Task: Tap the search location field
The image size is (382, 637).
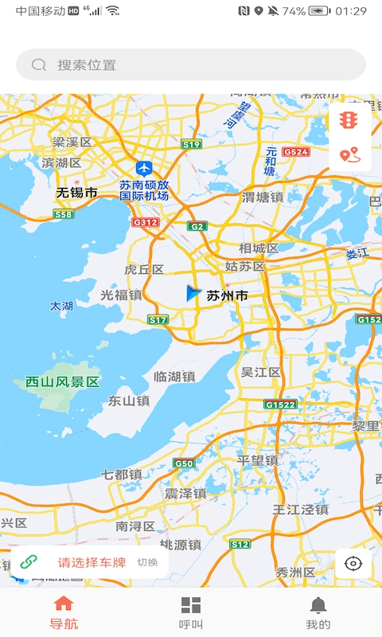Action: coord(191,64)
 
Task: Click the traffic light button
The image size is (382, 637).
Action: coord(349,120)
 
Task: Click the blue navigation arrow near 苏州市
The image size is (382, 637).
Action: coord(192,293)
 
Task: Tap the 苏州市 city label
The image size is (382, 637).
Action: coord(227,295)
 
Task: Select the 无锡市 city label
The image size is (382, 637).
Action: coord(76,193)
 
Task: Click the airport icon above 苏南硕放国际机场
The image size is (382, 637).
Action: coord(144,168)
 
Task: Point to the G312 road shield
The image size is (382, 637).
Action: coord(146,222)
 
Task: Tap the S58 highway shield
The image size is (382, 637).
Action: coord(63,214)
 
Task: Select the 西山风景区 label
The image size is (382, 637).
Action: coord(62,382)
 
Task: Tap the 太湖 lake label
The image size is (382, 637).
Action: coord(61,306)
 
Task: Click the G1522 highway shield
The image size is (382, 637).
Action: coord(280,404)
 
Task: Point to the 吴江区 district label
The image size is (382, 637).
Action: coord(260,373)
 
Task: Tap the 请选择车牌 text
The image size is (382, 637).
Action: coord(92,562)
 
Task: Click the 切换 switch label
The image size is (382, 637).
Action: coord(147,562)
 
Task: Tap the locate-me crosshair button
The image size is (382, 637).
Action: coord(353,564)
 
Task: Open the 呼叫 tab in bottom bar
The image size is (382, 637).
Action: coord(191,613)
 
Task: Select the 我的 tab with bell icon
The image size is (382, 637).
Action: coord(318,613)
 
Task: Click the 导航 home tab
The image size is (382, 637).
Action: coord(64,613)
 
